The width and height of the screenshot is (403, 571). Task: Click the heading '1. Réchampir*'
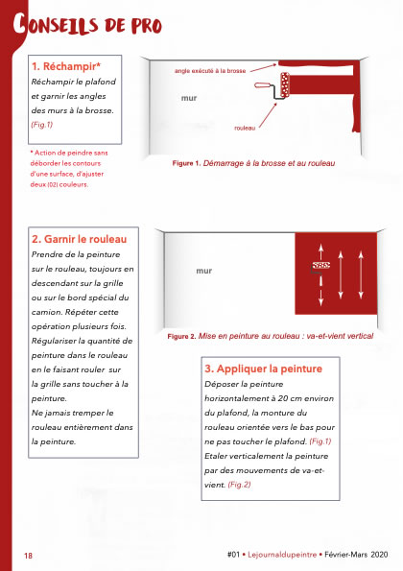[66, 66]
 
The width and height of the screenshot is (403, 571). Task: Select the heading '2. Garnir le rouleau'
[79, 239]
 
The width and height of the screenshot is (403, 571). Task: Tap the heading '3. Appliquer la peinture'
[263, 369]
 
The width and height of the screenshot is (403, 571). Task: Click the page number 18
[28, 556]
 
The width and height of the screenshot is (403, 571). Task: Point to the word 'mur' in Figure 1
[189, 98]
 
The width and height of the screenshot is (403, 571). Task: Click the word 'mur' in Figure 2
[203, 271]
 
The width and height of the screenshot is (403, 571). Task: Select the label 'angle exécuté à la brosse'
[210, 71]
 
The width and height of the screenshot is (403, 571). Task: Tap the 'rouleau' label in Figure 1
[245, 128]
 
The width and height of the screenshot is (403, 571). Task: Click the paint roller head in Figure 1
[285, 84]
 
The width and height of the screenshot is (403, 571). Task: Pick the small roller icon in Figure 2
[320, 266]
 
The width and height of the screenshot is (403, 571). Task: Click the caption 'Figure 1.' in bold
[186, 163]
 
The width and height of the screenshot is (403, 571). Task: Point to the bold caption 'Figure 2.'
[181, 336]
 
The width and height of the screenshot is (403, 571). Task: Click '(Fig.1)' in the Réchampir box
[42, 125]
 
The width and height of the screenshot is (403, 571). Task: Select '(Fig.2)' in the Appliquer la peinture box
[239, 485]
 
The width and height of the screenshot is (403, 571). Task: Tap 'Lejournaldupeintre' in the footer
[282, 555]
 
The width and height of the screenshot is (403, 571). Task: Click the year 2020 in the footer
[379, 555]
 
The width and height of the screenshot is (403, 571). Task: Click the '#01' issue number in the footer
[233, 555]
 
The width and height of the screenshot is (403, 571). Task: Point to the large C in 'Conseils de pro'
[19, 24]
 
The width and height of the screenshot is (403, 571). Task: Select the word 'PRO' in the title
[147, 26]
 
